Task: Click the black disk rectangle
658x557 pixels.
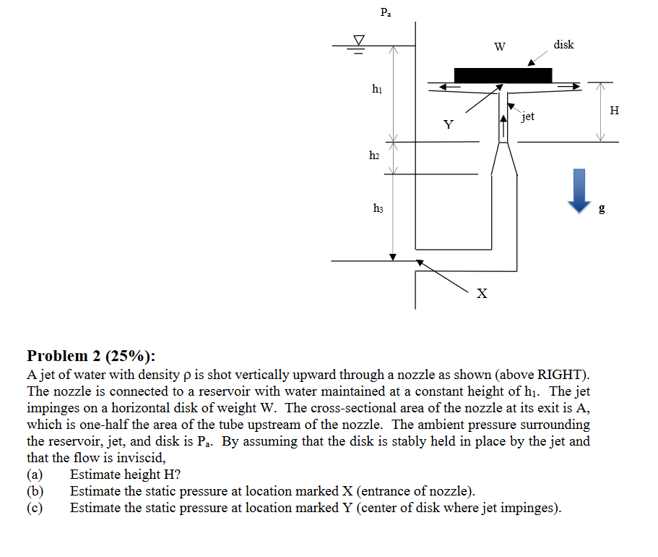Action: tap(503, 75)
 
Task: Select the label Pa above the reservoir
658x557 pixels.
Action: tap(385, 12)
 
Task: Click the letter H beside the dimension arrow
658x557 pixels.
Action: tap(614, 111)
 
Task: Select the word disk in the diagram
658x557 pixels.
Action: tap(563, 45)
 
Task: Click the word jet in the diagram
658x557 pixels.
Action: tap(528, 116)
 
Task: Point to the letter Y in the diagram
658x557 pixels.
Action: tap(449, 125)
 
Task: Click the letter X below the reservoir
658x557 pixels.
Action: tap(482, 294)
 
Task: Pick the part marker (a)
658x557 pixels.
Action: tap(35, 475)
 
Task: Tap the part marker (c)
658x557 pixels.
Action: tap(35, 508)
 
